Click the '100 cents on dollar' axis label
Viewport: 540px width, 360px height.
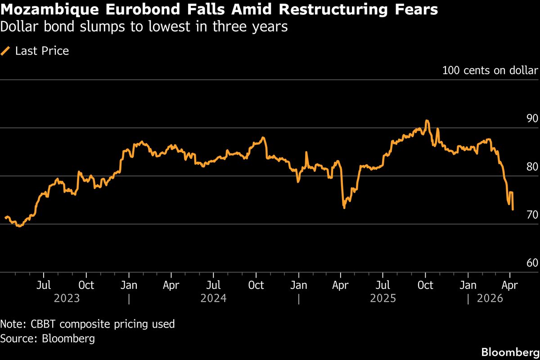490,71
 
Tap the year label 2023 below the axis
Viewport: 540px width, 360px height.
67,298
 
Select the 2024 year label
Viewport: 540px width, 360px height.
214,298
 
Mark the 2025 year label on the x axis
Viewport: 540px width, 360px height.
383,298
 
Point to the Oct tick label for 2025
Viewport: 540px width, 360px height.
425,285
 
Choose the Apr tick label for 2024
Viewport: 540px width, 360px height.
171,285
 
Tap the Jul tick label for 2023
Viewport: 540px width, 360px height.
44,285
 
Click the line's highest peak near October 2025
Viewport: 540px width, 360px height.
427,121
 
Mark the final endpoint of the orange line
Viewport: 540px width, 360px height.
513,209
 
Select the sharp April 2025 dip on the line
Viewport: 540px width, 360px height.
344,207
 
